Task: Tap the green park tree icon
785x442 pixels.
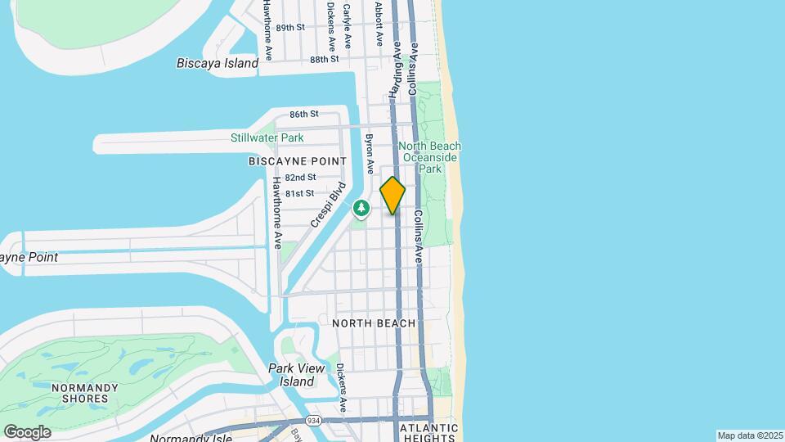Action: pos(361,210)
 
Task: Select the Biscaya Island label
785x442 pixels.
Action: pos(212,63)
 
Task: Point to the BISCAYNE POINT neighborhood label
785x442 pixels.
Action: pos(297,162)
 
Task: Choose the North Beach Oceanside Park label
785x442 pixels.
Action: pos(430,157)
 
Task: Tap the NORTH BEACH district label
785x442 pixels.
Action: pos(374,323)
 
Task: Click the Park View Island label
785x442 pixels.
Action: pos(292,375)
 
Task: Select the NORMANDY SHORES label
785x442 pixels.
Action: pos(79,393)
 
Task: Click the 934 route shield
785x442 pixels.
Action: pos(314,420)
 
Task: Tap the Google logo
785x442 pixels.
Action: pos(27,432)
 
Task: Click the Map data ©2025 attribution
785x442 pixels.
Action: pos(750,435)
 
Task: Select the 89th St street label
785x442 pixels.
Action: pos(290,27)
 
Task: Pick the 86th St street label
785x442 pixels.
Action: pos(303,114)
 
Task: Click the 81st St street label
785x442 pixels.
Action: pos(300,193)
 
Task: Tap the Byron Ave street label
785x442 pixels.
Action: pos(370,154)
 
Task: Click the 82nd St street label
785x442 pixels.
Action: pos(300,177)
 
